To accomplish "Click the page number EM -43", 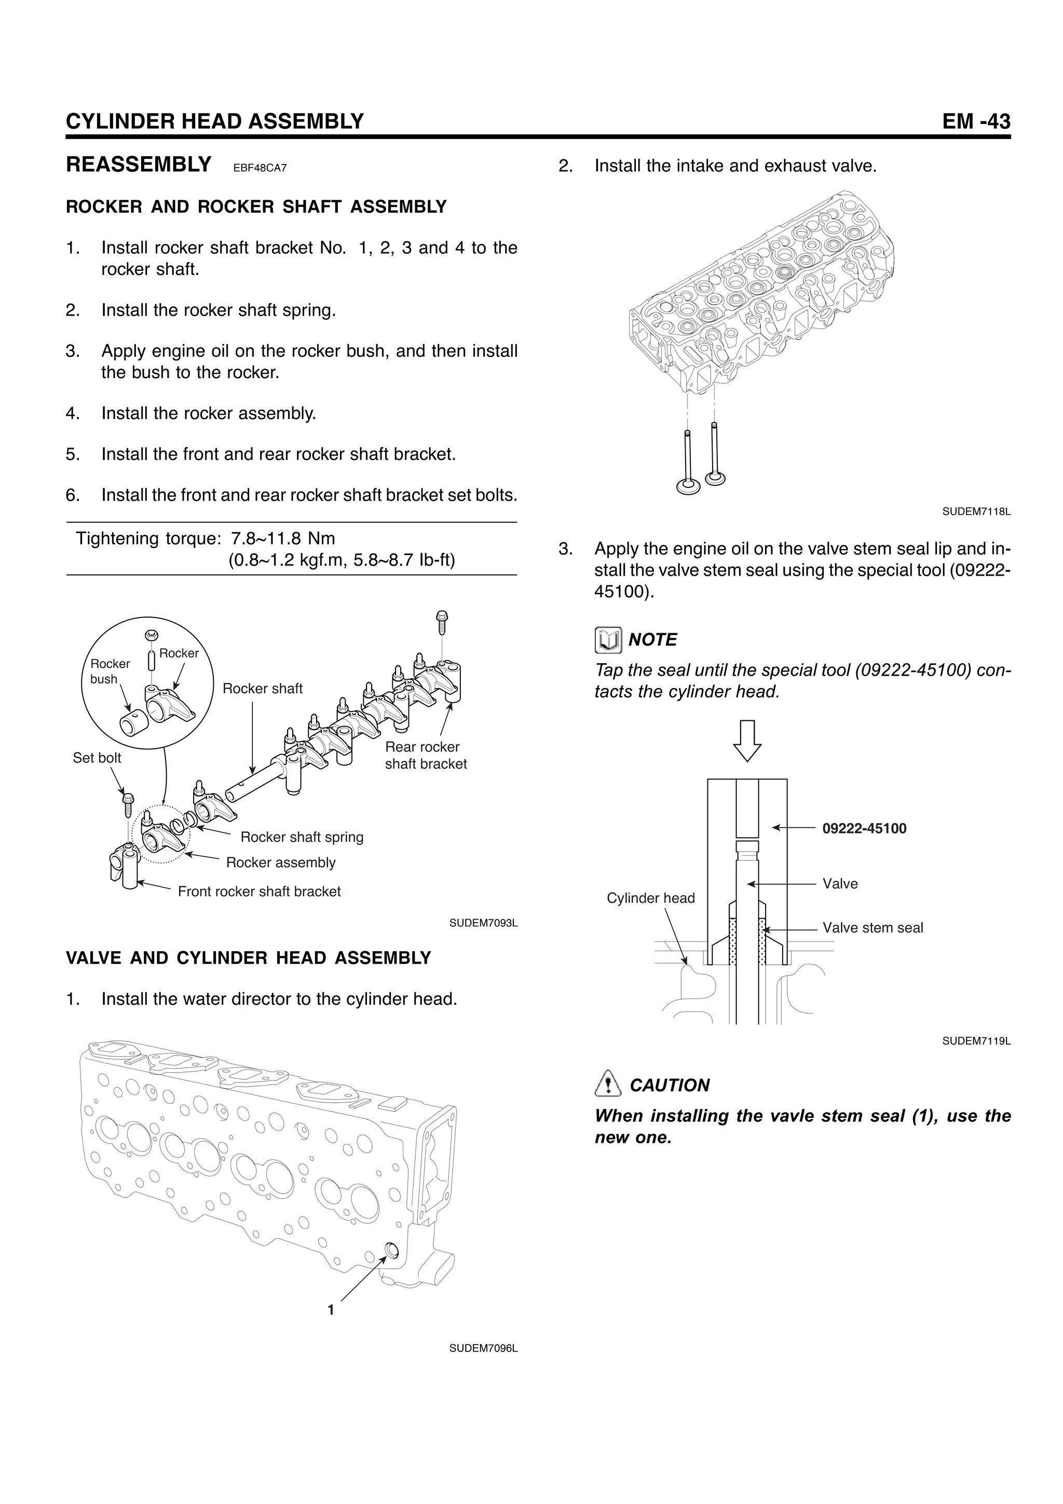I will (x=976, y=122).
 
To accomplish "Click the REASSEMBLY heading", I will (x=139, y=165).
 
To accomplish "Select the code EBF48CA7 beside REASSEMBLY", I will (x=260, y=168).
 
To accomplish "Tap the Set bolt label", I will (x=97, y=758).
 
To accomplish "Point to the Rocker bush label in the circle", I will (x=110, y=672).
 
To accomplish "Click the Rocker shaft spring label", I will (x=301, y=837).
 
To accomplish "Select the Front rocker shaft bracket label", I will (x=260, y=892).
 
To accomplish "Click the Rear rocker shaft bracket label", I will (x=425, y=755).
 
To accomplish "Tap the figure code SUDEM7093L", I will (x=483, y=923).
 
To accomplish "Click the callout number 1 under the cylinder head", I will (x=331, y=1309).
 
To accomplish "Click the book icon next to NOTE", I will (x=608, y=640).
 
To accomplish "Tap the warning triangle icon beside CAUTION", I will (x=607, y=1085).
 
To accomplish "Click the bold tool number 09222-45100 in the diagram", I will (x=864, y=829).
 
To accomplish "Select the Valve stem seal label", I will (x=873, y=927).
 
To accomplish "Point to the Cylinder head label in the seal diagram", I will (x=650, y=898).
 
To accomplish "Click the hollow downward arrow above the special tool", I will (x=747, y=740).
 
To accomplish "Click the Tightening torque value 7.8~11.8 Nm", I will (x=283, y=539).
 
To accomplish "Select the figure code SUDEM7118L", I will (x=976, y=512).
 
